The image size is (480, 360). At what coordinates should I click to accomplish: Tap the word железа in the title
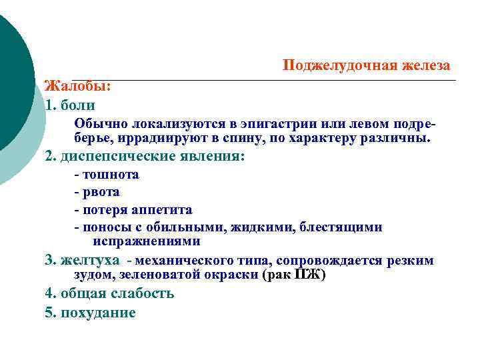pyautogui.click(x=425, y=65)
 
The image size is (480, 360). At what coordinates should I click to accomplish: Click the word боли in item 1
pyautogui.click(x=78, y=105)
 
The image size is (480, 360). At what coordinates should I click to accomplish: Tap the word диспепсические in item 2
pyautogui.click(x=117, y=157)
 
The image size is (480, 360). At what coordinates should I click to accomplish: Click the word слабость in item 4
pyautogui.click(x=141, y=293)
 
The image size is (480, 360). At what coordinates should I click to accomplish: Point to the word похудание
pyautogui.click(x=98, y=312)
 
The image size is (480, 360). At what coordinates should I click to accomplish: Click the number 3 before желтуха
pyautogui.click(x=48, y=260)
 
